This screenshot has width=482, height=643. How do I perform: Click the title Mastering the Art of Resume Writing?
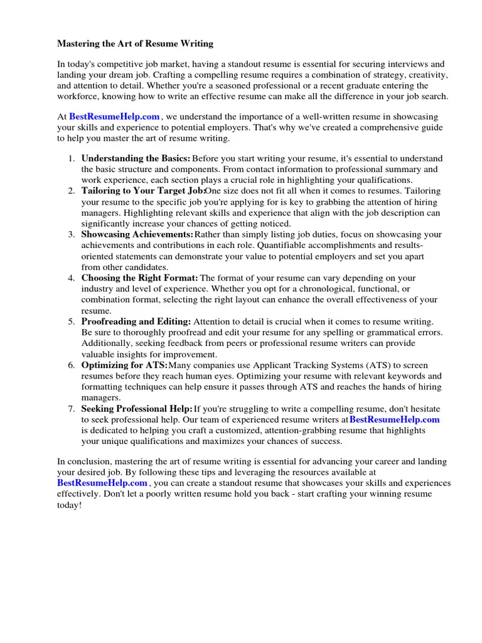[x=136, y=44]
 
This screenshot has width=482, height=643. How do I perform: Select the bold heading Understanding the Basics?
[x=136, y=158]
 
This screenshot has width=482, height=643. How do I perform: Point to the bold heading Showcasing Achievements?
[x=137, y=234]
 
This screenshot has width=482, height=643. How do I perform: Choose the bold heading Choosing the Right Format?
[x=139, y=278]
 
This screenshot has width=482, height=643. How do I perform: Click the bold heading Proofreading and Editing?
[x=136, y=321]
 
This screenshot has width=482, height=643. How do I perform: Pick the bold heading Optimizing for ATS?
[x=124, y=365]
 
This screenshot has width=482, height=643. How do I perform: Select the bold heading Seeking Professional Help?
[x=137, y=409]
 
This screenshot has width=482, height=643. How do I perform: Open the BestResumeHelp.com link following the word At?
[x=114, y=116]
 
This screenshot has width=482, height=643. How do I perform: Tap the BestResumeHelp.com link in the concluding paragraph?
[x=102, y=483]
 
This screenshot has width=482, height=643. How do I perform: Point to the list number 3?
[x=72, y=234]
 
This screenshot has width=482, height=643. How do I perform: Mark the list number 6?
[x=72, y=365]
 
